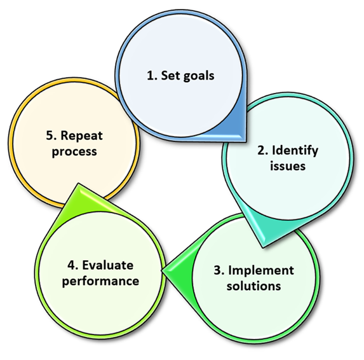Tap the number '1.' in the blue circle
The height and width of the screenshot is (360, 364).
[x=152, y=76]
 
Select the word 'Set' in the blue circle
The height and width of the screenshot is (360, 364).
[x=170, y=76]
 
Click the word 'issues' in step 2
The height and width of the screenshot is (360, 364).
[x=288, y=166]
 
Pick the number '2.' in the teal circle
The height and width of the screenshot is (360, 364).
[x=263, y=150]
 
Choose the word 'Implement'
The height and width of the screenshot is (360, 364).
[x=261, y=271]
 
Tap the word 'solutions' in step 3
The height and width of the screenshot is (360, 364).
[x=253, y=286]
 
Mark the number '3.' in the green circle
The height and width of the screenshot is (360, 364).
[x=219, y=270]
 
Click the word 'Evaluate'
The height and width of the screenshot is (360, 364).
[x=108, y=265]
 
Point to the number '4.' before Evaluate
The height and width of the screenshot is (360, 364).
[x=73, y=265]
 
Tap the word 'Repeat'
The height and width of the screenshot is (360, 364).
[x=81, y=136]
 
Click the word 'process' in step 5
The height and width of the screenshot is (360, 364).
[x=74, y=152]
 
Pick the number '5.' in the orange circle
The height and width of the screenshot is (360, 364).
[x=51, y=135]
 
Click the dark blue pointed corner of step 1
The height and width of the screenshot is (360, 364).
[x=245, y=140]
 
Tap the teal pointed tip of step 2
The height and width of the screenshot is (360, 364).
[x=263, y=247]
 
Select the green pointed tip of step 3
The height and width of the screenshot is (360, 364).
[x=163, y=270]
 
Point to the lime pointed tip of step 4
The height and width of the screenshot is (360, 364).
[x=79, y=184]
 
